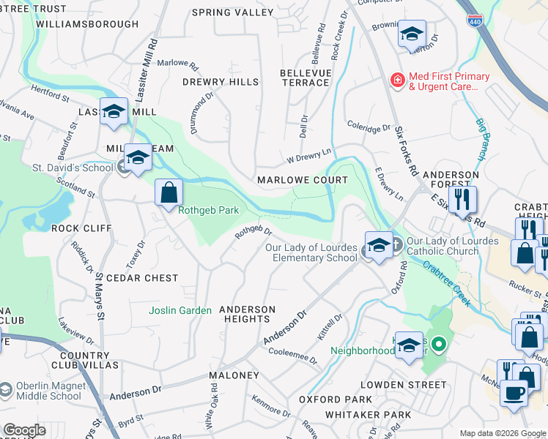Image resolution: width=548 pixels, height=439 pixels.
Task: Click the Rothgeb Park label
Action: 209,210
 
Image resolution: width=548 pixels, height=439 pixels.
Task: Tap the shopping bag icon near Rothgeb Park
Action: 169,192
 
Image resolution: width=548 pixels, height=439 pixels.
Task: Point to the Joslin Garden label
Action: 180,310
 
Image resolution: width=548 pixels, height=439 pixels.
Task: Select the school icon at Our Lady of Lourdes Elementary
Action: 379,247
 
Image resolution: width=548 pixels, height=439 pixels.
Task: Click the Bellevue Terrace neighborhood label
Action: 306,78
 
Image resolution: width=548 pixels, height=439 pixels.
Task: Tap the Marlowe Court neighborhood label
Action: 302,180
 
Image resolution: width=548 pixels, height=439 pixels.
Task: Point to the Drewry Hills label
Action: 221,82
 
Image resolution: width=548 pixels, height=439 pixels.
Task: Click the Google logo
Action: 23,430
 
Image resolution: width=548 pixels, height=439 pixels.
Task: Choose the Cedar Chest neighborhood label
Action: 142,278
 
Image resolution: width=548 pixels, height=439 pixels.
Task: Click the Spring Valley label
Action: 232,12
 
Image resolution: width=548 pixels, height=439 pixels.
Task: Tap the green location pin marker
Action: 438,343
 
